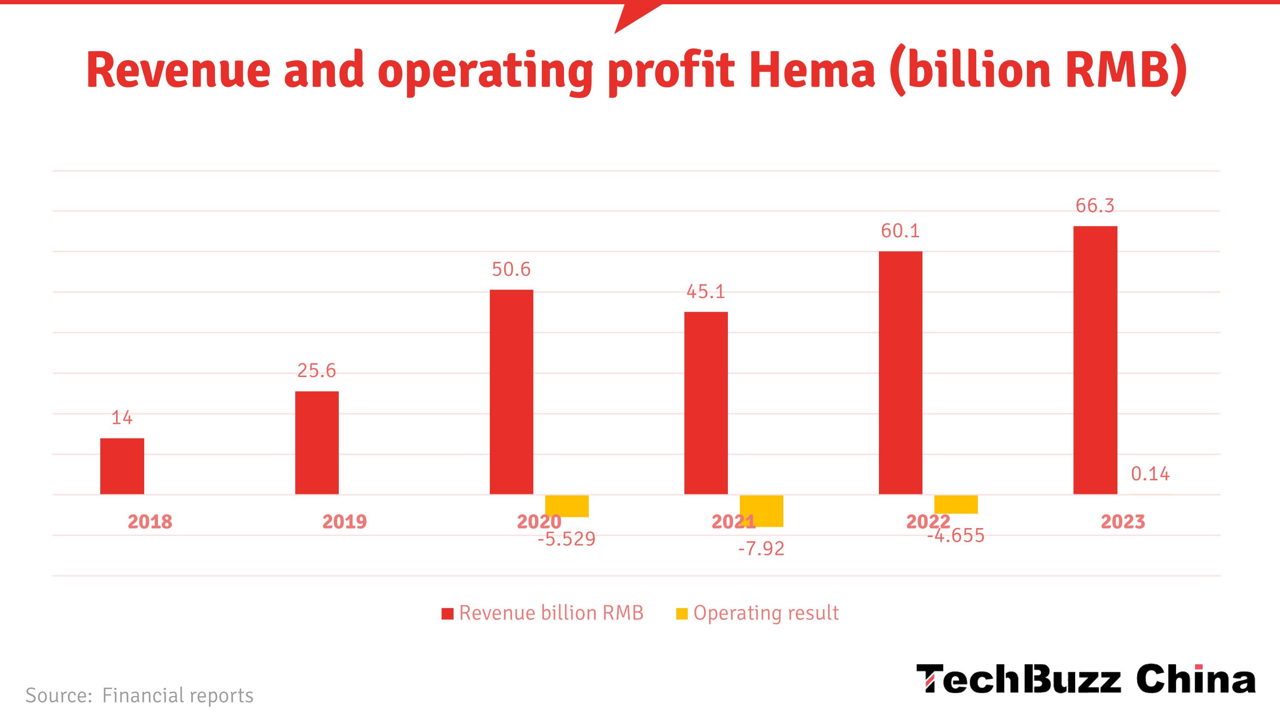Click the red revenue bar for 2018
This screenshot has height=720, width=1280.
click(x=122, y=466)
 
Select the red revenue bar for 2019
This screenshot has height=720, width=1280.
click(x=317, y=443)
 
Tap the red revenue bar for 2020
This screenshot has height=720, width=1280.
click(x=511, y=392)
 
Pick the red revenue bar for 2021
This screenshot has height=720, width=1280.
click(x=706, y=403)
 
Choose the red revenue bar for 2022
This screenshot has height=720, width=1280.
click(x=900, y=373)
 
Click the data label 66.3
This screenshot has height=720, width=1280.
click(x=1095, y=206)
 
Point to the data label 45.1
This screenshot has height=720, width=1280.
click(x=706, y=292)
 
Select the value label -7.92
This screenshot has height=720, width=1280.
click(x=761, y=549)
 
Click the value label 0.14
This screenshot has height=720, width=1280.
click(x=1150, y=474)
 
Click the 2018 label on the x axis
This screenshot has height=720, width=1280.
click(x=150, y=522)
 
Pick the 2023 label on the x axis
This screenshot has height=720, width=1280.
click(x=1123, y=522)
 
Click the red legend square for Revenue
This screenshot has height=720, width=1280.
click(x=447, y=614)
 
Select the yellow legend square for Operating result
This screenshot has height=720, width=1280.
click(x=682, y=614)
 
